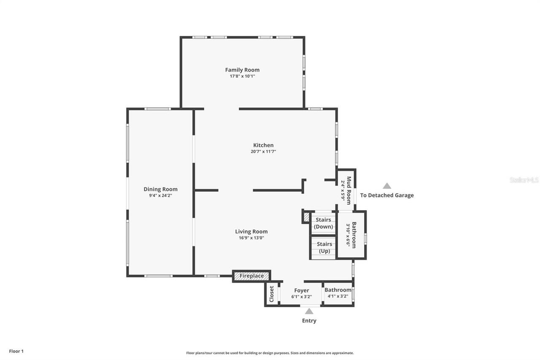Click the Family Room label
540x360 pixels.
pyautogui.click(x=242, y=70)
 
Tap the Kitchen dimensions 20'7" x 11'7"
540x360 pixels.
pyautogui.click(x=263, y=152)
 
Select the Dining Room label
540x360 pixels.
pyautogui.click(x=160, y=189)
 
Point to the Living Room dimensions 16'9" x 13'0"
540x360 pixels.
pyautogui.click(x=251, y=238)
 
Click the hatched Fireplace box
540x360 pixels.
pyautogui.click(x=252, y=276)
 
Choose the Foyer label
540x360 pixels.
pyautogui.click(x=302, y=290)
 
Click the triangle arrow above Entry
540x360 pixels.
pyautogui.click(x=309, y=311)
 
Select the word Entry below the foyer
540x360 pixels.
pyautogui.click(x=309, y=321)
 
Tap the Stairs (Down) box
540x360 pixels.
pyautogui.click(x=324, y=223)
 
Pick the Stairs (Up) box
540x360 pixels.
pyautogui.click(x=324, y=247)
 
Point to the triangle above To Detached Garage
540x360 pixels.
pyautogui.click(x=387, y=186)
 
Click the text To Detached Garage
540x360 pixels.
pyautogui.click(x=387, y=195)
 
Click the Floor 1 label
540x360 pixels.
pyautogui.click(x=16, y=351)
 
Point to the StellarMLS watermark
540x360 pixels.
pyautogui.click(x=524, y=180)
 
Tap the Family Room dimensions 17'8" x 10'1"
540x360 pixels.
pyautogui.click(x=242, y=76)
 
